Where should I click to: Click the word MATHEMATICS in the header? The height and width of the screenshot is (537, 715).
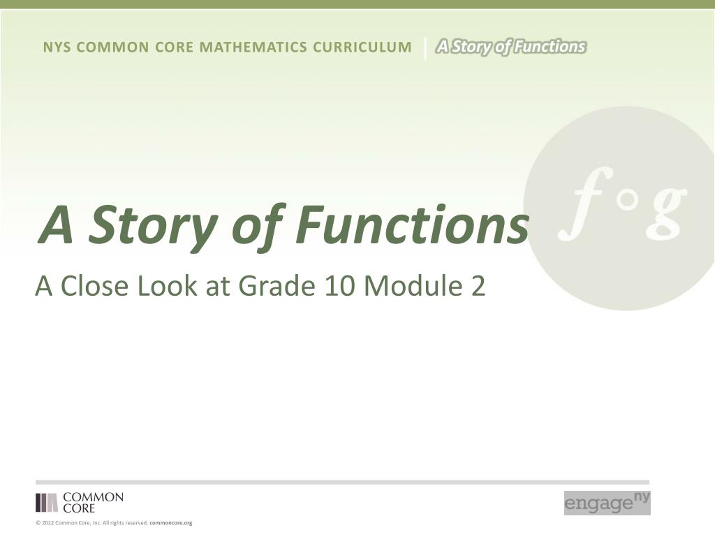point(253,47)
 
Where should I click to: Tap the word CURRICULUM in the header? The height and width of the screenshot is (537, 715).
point(362,47)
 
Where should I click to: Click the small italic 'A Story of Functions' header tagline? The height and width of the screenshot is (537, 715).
point(510,47)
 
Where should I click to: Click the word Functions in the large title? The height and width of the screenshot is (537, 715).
point(413,224)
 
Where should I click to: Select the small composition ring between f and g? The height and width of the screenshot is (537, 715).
point(628,200)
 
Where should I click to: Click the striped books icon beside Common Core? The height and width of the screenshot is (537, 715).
point(47,502)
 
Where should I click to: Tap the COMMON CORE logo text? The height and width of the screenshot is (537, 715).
point(93,502)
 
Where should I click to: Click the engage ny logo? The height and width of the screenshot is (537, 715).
point(607,503)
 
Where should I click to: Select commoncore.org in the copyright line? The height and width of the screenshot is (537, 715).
point(171,523)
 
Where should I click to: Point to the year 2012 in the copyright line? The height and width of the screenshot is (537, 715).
point(48,523)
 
